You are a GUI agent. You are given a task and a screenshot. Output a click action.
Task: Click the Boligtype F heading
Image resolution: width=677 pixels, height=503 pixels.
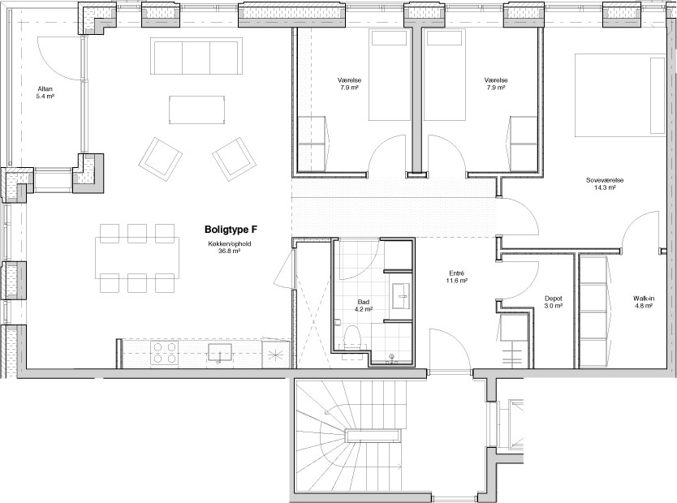231,229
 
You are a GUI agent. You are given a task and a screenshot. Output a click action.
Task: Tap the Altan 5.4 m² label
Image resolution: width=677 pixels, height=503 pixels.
45,92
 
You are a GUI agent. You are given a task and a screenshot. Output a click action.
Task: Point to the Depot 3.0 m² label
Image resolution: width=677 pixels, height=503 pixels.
553,302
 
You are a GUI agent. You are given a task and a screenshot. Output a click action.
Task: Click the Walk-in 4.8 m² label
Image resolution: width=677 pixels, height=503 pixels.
644,302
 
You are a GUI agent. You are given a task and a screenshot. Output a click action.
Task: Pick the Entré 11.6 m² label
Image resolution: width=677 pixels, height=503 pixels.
457,277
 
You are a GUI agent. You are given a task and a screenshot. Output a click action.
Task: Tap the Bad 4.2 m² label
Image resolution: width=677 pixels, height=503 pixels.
364,305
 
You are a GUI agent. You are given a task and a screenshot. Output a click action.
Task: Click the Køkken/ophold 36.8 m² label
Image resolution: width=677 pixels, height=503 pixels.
229,247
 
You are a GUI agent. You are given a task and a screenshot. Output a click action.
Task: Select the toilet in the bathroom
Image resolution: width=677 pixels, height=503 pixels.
353,337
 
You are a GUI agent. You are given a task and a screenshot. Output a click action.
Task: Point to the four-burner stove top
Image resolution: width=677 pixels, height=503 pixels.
165,353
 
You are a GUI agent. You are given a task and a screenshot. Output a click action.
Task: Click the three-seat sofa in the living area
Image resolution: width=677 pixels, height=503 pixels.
196,56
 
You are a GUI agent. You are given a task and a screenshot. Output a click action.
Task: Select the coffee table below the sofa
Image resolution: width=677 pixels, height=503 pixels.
197,110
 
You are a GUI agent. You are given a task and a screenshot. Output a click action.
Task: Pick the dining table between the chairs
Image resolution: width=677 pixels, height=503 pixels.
137,258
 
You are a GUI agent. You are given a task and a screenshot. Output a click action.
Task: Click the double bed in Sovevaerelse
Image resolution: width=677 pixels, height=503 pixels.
620,95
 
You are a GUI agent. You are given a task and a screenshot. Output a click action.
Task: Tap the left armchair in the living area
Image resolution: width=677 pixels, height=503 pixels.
160,159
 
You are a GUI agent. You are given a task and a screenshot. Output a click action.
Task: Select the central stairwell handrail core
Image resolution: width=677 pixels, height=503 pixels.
372,436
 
